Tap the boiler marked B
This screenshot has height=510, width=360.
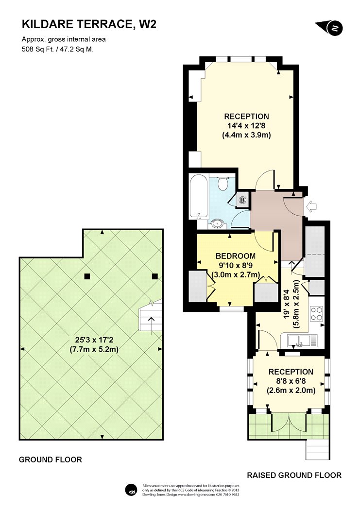point(242,200)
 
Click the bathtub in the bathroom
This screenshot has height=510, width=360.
point(199,197)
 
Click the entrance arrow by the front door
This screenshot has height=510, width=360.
point(311,206)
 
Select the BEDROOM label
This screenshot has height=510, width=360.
point(236,256)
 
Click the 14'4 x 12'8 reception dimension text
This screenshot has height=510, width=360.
point(246,125)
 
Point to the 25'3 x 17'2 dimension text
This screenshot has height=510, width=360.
point(94,340)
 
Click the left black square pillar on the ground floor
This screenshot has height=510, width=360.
point(87,276)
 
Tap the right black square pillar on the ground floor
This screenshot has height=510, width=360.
point(155,276)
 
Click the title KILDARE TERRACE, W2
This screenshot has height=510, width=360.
point(89,24)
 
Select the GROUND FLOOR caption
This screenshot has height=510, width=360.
point(51,459)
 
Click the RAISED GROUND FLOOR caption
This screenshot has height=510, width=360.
point(294,475)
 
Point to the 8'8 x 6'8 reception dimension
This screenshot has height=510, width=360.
point(291,381)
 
